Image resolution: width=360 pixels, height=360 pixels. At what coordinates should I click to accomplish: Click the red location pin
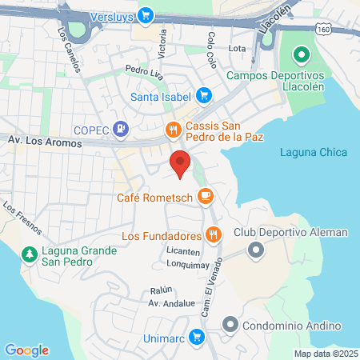[180, 162]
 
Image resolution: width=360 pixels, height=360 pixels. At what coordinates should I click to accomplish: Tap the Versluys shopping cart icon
[145, 14]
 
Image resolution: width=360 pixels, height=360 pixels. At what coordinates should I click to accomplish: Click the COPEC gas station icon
[120, 126]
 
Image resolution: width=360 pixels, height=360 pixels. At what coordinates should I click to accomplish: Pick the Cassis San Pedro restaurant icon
[172, 128]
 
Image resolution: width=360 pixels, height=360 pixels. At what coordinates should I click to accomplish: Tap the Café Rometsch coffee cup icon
[206, 194]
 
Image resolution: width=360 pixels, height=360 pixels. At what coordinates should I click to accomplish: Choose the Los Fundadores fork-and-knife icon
[212, 234]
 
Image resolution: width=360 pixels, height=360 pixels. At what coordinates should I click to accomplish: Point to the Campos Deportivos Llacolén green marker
[301, 56]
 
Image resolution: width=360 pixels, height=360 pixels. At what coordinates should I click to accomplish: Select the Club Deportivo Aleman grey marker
[256, 250]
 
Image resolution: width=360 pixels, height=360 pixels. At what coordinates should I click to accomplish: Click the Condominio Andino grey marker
[230, 325]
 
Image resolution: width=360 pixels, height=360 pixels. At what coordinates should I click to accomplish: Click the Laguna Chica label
[310, 153]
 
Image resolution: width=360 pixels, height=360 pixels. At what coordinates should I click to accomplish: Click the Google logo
[26, 350]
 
